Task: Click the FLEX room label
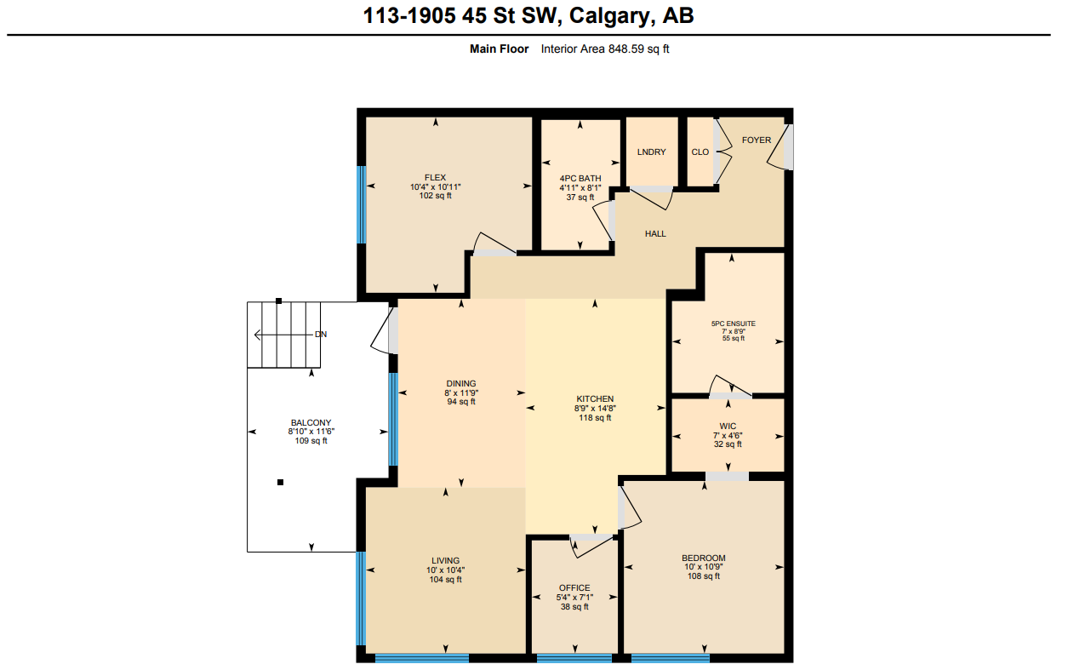tap(435, 177)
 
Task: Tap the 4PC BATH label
tap(580, 178)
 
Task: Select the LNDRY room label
tap(651, 152)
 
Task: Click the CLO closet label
tap(700, 152)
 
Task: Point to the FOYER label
tap(756, 140)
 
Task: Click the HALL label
tap(654, 233)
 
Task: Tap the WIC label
tap(727, 426)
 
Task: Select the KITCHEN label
tap(595, 398)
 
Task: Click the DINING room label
tap(460, 383)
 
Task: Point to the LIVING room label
tap(445, 560)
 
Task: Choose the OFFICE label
tap(574, 587)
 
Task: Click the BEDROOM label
tap(704, 558)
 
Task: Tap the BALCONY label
tap(311, 422)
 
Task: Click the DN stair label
tap(320, 335)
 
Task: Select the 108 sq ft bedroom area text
tap(704, 576)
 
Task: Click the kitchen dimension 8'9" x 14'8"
tap(595, 408)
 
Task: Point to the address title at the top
tap(528, 15)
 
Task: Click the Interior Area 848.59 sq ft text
tap(605, 49)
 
